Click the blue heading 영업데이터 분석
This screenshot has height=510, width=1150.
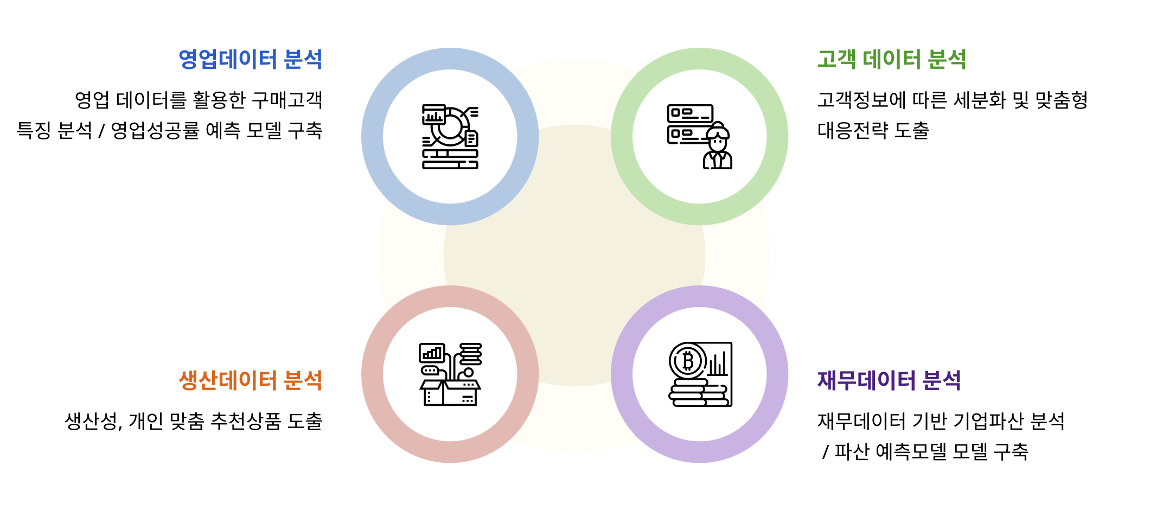click(250, 59)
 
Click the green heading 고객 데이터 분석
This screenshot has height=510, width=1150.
click(891, 59)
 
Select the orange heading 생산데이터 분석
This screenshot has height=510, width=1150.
click(250, 380)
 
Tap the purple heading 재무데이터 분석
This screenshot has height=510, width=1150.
click(889, 380)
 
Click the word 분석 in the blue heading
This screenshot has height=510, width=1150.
click(303, 59)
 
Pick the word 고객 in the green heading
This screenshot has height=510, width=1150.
click(836, 59)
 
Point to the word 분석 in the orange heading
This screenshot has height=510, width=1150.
click(303, 380)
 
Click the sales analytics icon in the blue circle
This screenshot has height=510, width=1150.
click(450, 137)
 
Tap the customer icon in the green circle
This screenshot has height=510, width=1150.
click(700, 137)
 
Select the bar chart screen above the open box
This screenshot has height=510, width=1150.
click(432, 353)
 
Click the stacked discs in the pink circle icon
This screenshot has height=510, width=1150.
click(470, 354)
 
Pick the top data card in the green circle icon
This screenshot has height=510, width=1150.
click(690, 113)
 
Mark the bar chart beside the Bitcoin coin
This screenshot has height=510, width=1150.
click(718, 365)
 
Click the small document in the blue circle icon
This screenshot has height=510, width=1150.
click(471, 139)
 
